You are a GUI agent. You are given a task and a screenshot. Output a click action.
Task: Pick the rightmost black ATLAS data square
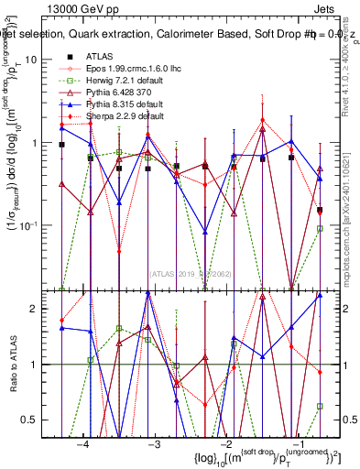320,210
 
